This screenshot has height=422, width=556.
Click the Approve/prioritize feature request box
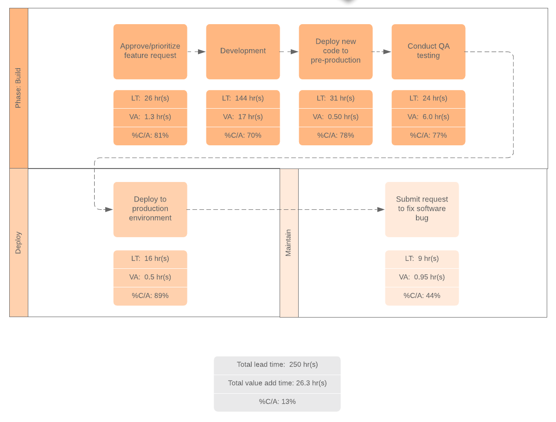pos(150,52)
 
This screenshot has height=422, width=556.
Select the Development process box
pos(243,52)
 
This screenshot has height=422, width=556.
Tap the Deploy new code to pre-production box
pos(336,52)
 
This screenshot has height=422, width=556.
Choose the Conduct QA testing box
pos(428,52)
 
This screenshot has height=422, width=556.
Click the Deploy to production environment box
pos(150,209)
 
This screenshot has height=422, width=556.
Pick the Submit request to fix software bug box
pos(422,209)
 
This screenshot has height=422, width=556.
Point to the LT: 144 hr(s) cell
pos(243,98)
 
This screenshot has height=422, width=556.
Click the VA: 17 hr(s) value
pos(243,117)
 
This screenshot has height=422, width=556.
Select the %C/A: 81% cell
pos(150,136)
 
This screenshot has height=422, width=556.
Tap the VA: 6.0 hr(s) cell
pos(428,117)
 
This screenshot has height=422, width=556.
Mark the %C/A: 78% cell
pos(336,136)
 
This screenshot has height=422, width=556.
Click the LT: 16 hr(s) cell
pos(150,259)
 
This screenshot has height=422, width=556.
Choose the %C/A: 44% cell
pos(422,296)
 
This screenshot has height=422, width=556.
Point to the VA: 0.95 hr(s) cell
pos(422,277)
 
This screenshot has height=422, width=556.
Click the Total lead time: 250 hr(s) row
pos(277,365)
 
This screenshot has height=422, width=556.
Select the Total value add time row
pos(277,383)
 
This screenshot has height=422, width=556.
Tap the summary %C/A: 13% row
pos(277,402)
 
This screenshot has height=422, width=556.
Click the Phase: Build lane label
pos(19,88)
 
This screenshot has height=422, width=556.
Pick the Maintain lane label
pos(289,243)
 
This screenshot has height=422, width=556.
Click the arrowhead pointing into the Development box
pos(202,52)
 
